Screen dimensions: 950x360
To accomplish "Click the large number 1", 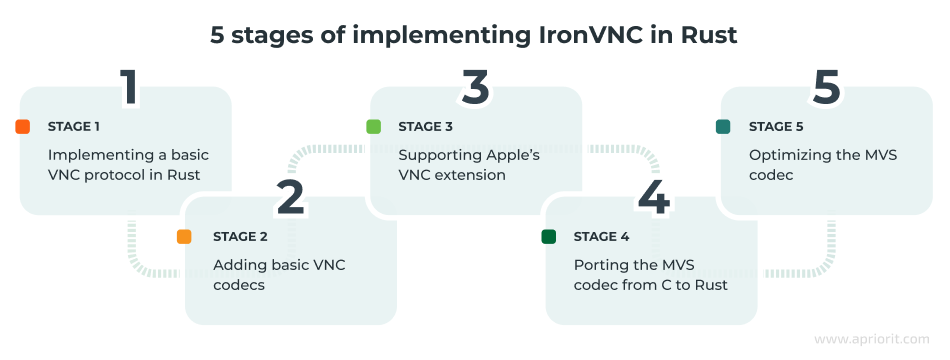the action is click(x=127, y=88).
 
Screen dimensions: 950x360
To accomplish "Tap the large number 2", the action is click(x=290, y=198).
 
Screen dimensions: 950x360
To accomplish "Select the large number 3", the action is click(x=476, y=88).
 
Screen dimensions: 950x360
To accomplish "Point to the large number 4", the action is click(x=653, y=198).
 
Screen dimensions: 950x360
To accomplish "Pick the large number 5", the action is click(x=826, y=88).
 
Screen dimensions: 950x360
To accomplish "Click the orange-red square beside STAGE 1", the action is click(x=23, y=127).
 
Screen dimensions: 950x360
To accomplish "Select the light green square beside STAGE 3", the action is click(x=373, y=127).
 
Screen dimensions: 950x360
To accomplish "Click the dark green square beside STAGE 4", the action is click(x=548, y=237).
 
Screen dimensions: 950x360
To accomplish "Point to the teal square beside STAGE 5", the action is click(x=723, y=127).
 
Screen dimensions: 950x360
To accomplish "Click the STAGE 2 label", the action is click(x=240, y=237).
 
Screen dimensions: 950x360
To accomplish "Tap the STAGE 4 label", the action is click(x=601, y=237).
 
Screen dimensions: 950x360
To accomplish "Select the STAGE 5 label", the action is click(x=776, y=127).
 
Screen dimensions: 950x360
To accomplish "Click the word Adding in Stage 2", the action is click(x=237, y=265).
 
